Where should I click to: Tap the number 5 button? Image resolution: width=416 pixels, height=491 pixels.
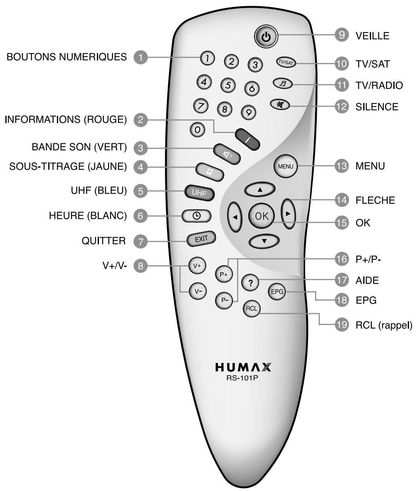pos(228,84)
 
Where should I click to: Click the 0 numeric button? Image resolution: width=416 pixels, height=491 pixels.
pos(197,129)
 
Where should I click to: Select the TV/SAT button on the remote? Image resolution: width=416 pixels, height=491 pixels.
pos(286,63)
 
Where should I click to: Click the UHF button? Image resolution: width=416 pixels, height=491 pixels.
pos(198,192)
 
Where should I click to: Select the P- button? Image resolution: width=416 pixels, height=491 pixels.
pos(224,300)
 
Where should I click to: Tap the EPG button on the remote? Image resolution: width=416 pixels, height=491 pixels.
pos(276,292)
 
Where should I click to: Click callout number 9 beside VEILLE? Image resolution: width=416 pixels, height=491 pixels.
pos(341,36)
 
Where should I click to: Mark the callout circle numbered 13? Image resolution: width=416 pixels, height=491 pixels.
pos(341,166)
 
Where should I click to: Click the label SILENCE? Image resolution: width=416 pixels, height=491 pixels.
pos(377,107)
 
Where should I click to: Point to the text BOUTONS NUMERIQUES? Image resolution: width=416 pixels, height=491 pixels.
pos(66,57)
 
